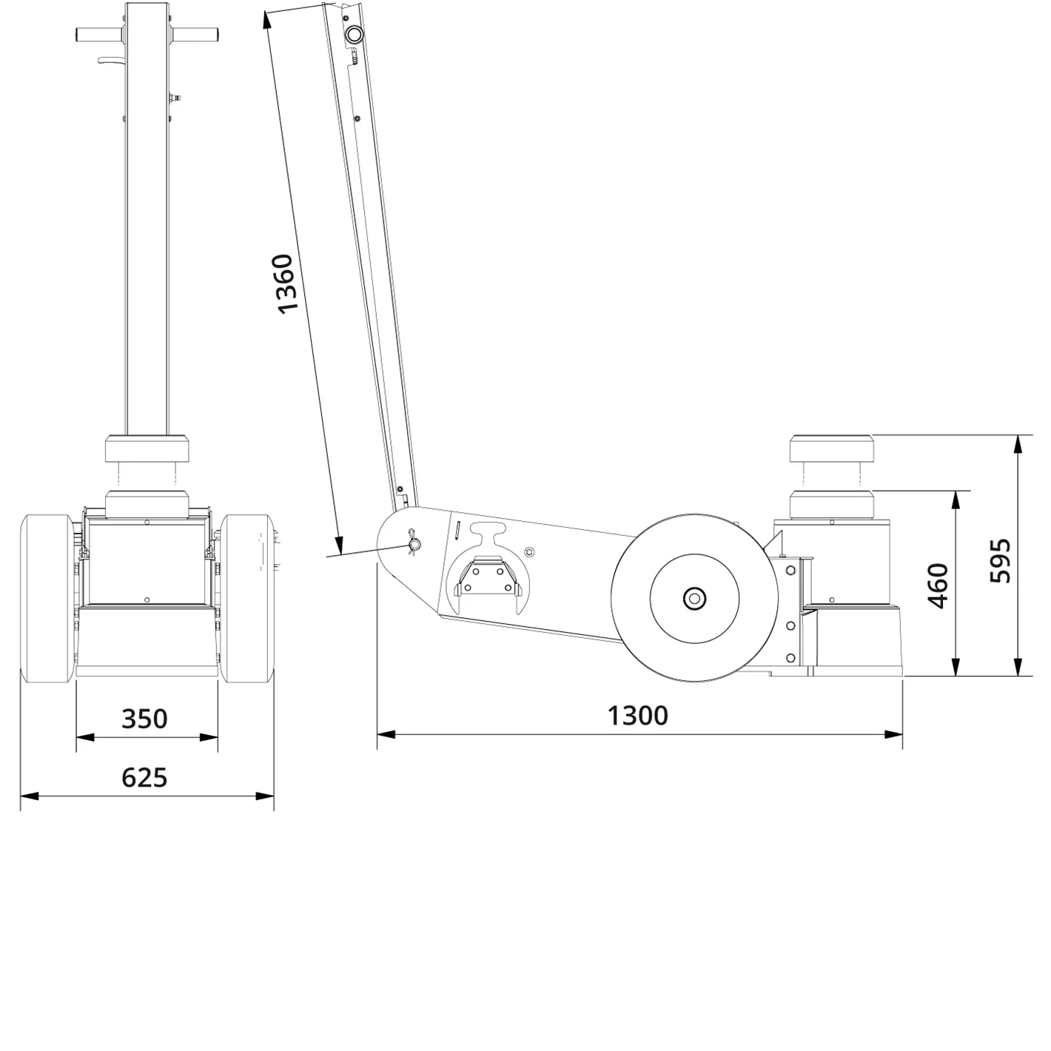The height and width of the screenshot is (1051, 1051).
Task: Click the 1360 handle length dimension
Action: pyautogui.click(x=286, y=283)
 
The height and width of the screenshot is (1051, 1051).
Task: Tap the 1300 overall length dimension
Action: pyautogui.click(x=638, y=716)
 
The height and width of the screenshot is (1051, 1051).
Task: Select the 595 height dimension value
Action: pyautogui.click(x=1001, y=560)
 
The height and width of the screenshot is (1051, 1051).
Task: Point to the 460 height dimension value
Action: pyautogui.click(x=938, y=585)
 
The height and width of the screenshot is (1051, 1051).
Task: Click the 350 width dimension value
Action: pyautogui.click(x=145, y=719)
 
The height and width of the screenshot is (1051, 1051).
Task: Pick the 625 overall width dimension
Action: pyautogui.click(x=145, y=777)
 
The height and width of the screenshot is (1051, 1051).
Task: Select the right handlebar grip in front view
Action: pyautogui.click(x=196, y=35)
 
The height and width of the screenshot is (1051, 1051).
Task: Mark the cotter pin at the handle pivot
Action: pyautogui.click(x=414, y=545)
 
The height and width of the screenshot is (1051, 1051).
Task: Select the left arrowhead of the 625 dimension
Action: pyautogui.click(x=28, y=796)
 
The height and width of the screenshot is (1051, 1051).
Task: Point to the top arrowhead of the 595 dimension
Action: pyautogui.click(x=1019, y=443)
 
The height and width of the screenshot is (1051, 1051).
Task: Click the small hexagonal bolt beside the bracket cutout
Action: pyautogui.click(x=528, y=551)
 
